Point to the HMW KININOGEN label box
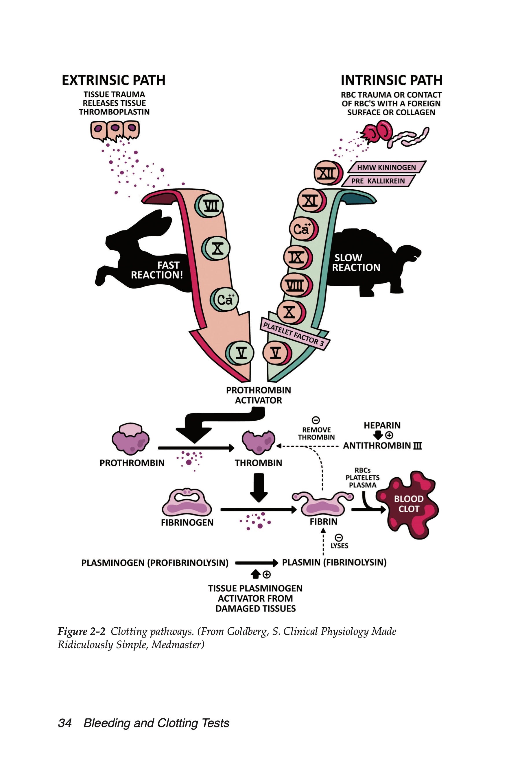[386, 167]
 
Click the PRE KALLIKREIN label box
[378, 181]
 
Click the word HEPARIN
[382, 425]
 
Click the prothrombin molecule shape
[130, 439]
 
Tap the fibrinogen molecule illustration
[187, 502]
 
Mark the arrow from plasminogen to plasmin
[256, 563]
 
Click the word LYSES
[339, 546]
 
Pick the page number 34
[65, 723]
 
